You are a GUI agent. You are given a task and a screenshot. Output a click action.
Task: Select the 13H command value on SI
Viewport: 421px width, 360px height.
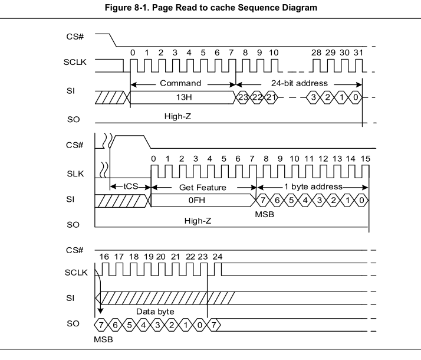coord(181,97)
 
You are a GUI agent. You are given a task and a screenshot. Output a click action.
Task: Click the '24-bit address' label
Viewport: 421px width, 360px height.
coord(300,83)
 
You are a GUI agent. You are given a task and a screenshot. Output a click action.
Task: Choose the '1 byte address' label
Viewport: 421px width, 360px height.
coord(313,186)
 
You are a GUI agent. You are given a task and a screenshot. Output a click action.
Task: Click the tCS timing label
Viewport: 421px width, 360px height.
coord(130,186)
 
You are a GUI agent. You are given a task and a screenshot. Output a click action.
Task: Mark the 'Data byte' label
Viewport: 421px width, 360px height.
coord(154,311)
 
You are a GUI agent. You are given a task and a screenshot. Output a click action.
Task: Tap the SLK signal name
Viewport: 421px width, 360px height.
coord(75,174)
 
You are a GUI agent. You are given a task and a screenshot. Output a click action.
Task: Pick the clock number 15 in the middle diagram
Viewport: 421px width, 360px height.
coord(366,159)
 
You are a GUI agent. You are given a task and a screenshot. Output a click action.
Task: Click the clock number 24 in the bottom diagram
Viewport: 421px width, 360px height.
coord(218,257)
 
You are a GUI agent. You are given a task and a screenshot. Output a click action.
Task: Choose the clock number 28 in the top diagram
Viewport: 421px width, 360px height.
coord(317,53)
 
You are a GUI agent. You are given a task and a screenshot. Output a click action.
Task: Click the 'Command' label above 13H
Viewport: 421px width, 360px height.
coord(180,83)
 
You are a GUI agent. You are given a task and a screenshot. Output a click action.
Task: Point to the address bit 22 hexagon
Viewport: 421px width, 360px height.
coord(256,97)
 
